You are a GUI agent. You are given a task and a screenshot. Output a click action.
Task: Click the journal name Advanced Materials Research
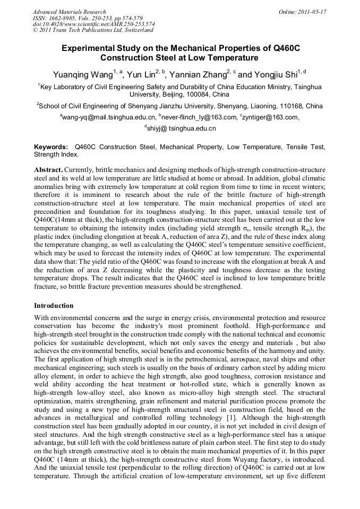point(69,12)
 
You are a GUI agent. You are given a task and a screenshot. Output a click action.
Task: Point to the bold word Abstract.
point(48,169)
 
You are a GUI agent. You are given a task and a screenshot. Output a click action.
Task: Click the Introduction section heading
point(54,306)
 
